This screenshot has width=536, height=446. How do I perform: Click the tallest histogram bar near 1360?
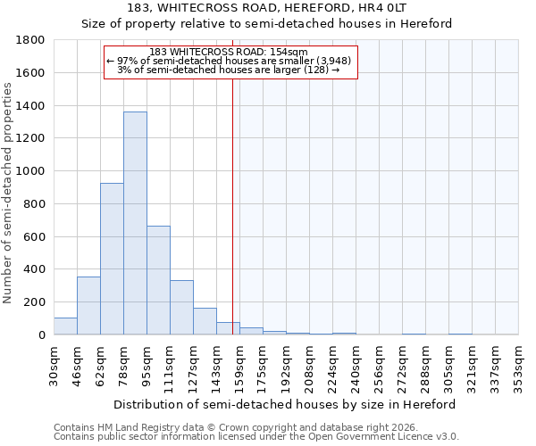tap(135, 223)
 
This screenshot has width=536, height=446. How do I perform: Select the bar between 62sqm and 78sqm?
tap(112, 259)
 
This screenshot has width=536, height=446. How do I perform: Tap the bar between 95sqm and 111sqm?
tap(158, 280)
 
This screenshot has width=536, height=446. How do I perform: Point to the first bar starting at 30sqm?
tap(65, 326)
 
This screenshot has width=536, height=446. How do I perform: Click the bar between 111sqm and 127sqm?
tap(181, 308)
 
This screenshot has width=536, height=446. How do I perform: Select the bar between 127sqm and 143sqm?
tap(205, 321)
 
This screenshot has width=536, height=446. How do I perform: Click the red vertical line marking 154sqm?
tap(232, 205)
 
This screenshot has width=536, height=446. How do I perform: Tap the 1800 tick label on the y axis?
tap(31, 40)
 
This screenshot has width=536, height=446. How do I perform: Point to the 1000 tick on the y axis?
tap(31, 171)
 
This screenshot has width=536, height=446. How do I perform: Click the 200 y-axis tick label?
tap(35, 302)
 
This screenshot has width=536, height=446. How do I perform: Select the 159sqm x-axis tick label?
tap(239, 366)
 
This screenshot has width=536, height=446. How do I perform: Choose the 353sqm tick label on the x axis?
tap(518, 366)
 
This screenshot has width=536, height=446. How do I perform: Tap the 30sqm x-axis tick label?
tap(54, 366)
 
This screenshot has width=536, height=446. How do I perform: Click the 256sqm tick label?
tap(379, 366)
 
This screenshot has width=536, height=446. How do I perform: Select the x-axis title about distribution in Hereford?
tap(286, 404)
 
